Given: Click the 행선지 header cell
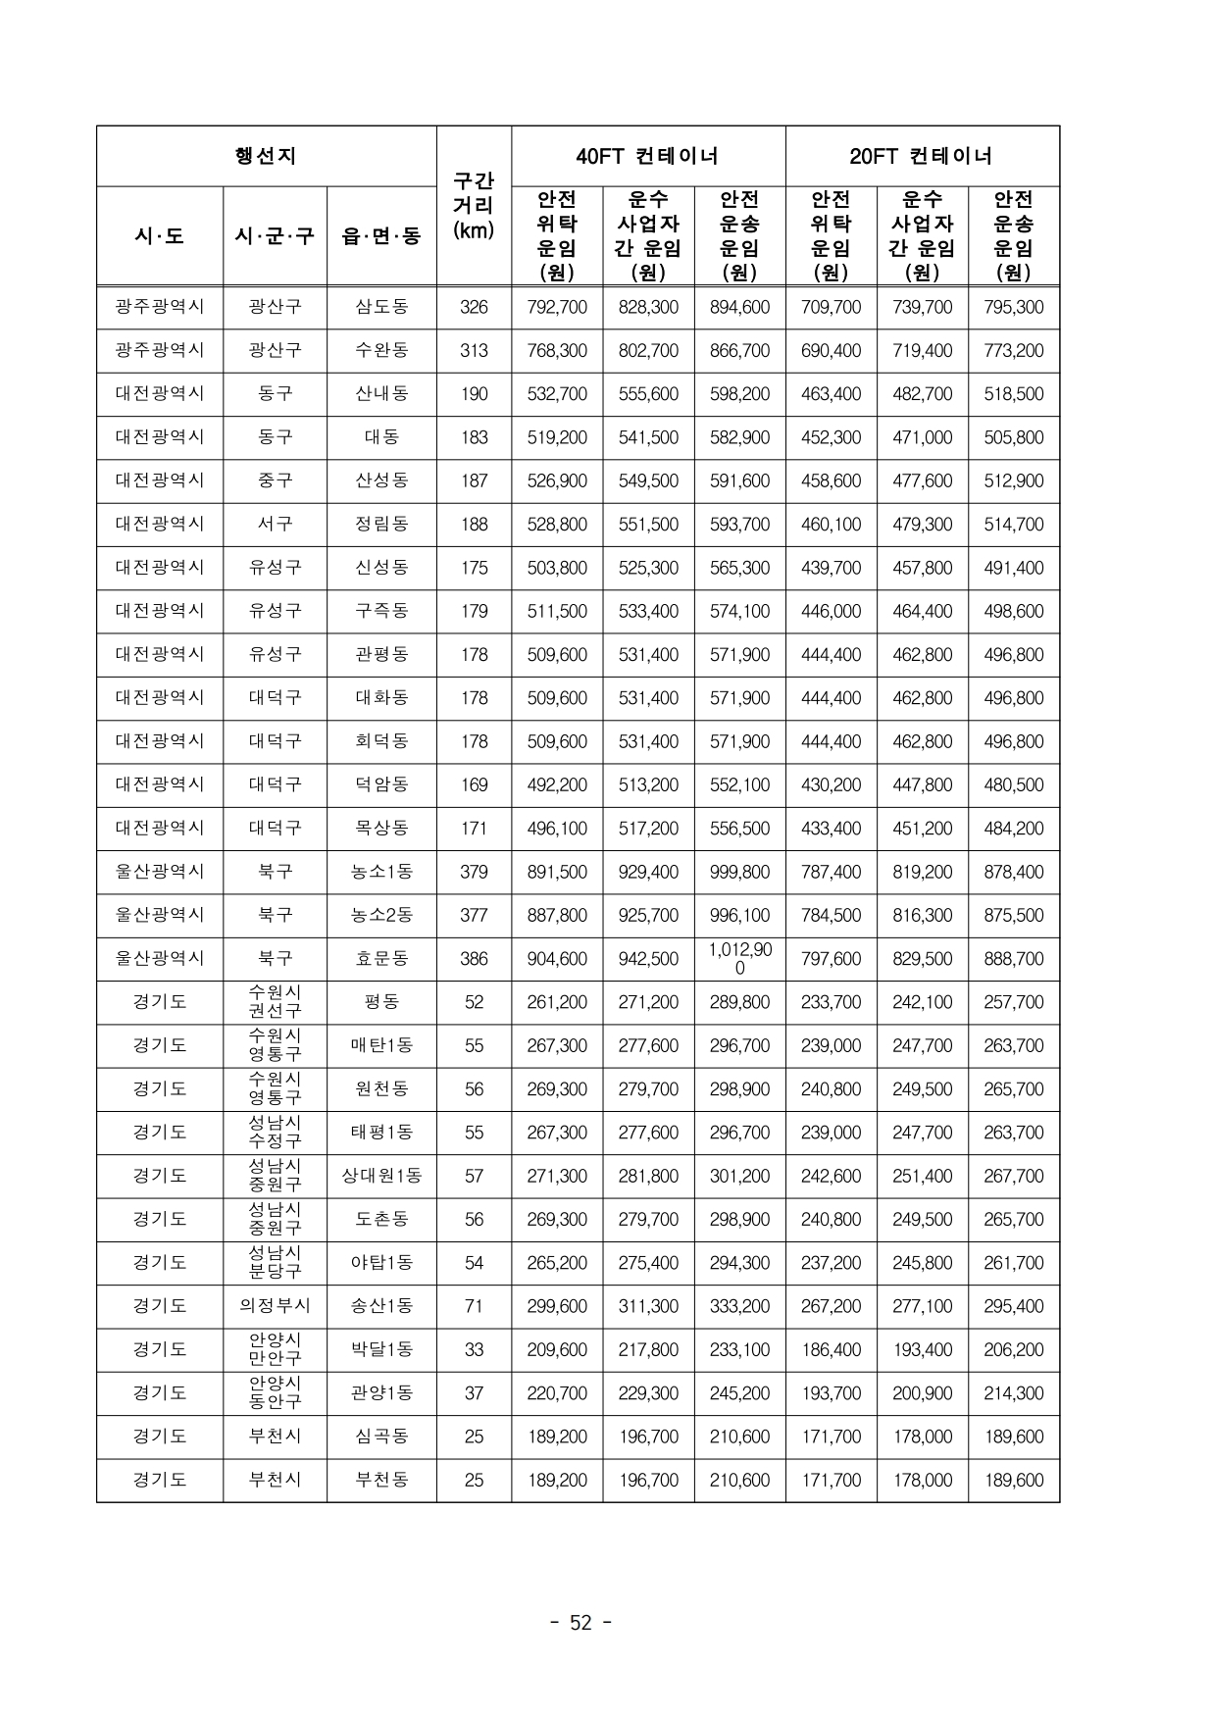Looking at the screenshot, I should click(266, 156).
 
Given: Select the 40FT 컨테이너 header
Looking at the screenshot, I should click(647, 156).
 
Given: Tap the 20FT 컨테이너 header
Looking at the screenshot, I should click(922, 156).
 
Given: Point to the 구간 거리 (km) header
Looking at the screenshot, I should click(474, 206).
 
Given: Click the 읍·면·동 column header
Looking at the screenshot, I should click(381, 235).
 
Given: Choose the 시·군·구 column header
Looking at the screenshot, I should click(275, 235).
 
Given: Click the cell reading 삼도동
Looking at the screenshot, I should click(381, 307).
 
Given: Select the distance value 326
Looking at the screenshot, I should click(474, 307).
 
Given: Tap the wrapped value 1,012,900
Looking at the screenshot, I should click(739, 958).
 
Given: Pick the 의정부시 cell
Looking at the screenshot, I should click(275, 1305).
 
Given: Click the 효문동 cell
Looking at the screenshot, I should click(381, 958).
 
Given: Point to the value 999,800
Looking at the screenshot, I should click(739, 872).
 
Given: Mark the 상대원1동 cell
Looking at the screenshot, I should click(381, 1176).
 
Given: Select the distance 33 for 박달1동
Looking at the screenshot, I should click(474, 1349).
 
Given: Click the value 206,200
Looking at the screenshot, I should click(1013, 1349).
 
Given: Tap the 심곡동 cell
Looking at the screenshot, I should click(381, 1437).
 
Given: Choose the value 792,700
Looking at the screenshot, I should click(557, 307).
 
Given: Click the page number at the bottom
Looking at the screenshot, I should click(581, 1623).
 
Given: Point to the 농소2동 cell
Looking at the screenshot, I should click(381, 915).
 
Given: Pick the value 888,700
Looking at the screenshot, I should click(1013, 958).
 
